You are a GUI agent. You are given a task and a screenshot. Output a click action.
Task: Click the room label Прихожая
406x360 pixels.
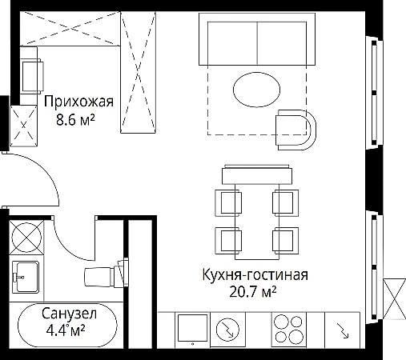coord(78,102)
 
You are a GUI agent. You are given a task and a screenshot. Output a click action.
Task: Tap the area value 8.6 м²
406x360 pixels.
coord(75,120)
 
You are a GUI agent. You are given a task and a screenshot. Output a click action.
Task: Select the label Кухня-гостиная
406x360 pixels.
coord(255,275)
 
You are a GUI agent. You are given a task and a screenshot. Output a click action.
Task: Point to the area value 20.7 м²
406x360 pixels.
coord(253,292)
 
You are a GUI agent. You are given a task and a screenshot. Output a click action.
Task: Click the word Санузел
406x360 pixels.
coord(69,314)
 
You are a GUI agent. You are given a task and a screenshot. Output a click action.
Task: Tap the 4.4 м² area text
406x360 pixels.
coord(66,330)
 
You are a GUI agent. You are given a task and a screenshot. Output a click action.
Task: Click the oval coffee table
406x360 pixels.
coord(256,90)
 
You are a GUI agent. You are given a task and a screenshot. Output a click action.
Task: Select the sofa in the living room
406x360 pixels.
coord(257,39)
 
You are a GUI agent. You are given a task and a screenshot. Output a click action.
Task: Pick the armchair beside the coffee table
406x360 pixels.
coord(295,130)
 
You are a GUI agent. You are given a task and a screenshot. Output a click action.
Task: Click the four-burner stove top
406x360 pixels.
coord(289,330)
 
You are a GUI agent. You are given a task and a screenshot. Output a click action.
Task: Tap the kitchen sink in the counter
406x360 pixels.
coord(192,330)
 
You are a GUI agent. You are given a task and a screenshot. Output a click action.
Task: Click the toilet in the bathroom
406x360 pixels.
coord(107,274)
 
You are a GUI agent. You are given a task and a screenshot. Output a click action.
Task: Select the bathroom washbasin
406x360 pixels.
coord(26,277)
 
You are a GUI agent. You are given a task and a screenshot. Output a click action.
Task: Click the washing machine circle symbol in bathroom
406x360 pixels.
coord(26,238)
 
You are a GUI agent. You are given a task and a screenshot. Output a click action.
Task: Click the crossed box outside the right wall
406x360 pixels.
coord(394,298)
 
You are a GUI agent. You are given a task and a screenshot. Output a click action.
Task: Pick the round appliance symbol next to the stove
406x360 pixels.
coord(227,330)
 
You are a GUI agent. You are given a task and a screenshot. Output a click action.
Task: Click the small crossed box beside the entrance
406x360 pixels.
coord(23,126)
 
